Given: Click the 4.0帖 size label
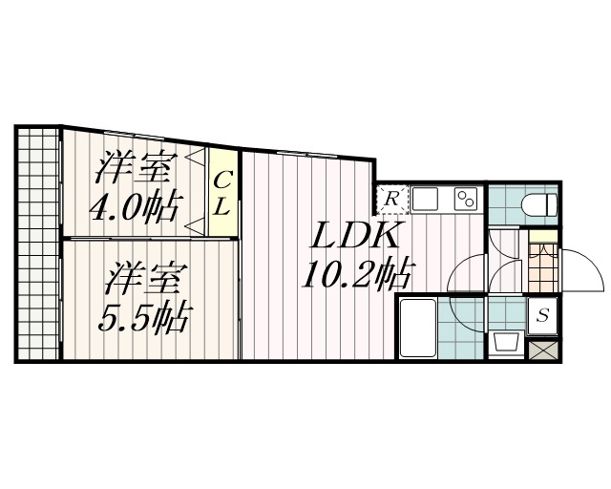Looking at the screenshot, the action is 136,206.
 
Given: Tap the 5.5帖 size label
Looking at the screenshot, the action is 145,317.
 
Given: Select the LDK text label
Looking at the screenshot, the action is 355,235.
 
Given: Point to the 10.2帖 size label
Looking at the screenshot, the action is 357,274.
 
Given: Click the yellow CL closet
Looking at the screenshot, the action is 222,192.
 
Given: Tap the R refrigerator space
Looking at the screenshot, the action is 392,200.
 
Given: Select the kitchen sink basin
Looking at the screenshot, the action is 425,199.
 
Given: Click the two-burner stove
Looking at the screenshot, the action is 466,199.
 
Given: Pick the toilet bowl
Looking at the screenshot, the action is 539,204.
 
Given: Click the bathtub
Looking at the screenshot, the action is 417,328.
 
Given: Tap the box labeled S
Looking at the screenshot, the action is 542,315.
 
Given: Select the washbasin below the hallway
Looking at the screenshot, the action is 507,342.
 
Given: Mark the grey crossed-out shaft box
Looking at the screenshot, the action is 543,351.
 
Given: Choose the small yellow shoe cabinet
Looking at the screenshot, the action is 543,237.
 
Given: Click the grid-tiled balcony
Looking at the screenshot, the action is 38,244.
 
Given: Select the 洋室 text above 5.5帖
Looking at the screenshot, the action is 144,278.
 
